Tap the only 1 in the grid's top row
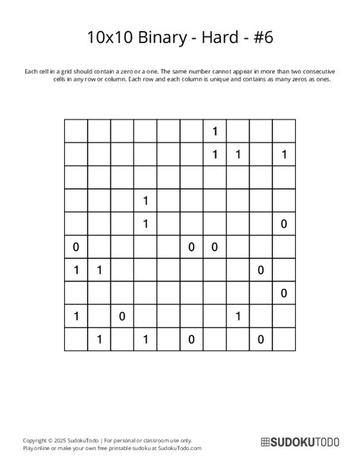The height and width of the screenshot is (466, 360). (x=215, y=130)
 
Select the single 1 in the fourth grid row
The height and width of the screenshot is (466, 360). (x=145, y=200)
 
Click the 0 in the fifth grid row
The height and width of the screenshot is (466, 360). (x=284, y=224)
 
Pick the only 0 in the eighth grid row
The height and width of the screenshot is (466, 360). (x=284, y=293)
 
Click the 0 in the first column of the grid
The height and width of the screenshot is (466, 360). (x=76, y=247)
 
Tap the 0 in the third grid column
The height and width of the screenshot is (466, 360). (x=122, y=316)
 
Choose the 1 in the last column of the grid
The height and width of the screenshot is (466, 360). (x=284, y=153)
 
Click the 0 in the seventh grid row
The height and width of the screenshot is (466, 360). (x=261, y=270)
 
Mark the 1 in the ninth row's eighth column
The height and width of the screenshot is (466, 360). (x=238, y=316)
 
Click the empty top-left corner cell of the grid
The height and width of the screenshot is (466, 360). (x=76, y=130)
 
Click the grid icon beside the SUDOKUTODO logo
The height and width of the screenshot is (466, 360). (x=264, y=443)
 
